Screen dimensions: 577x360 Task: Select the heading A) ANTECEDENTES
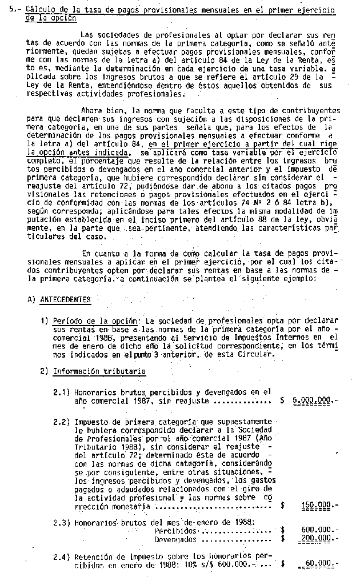point(59,299)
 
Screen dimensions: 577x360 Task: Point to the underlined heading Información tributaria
point(99,371)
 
